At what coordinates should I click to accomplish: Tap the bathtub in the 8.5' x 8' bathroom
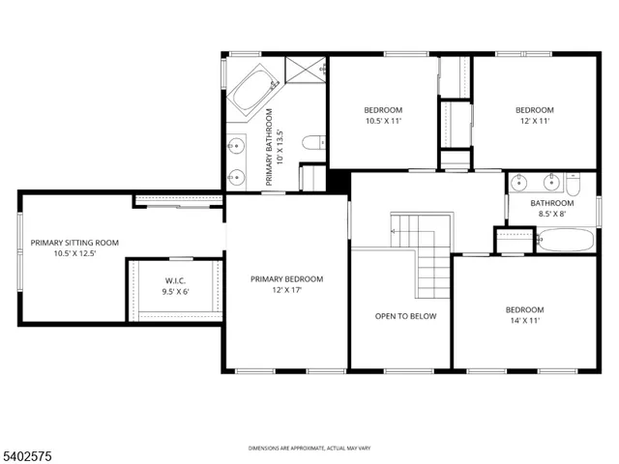point(567,239)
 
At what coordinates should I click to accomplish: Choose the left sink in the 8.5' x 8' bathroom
point(520,181)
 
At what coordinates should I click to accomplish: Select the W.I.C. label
point(175,280)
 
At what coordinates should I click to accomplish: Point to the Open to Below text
point(405,316)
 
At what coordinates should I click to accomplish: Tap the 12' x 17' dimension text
point(286,291)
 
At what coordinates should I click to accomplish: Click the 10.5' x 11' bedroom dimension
point(382,122)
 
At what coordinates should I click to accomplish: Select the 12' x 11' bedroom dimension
point(534,122)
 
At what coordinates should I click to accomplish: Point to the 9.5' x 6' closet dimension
point(175,291)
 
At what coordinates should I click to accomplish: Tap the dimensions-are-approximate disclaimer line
point(309,448)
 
